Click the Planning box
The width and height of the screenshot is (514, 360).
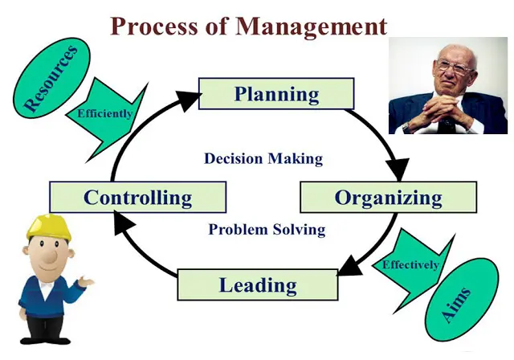point(275,93)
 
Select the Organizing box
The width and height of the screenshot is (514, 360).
point(388,197)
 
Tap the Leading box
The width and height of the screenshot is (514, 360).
point(257,284)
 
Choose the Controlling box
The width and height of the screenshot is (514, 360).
point(137,197)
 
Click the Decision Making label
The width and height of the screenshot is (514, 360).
point(263,158)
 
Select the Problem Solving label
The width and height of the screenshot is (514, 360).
point(267,230)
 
